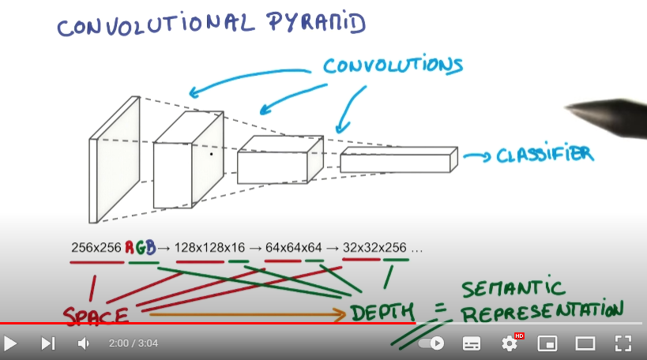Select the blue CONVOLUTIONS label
(x=393, y=65)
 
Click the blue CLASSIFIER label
(x=544, y=155)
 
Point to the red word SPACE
(x=96, y=317)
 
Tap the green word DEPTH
(x=382, y=313)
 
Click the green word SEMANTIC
(x=513, y=287)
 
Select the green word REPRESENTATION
(x=542, y=311)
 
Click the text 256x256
(x=96, y=248)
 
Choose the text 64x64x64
(x=295, y=248)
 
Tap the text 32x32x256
(x=375, y=248)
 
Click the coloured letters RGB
(x=141, y=248)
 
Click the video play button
(x=11, y=343)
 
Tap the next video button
(x=48, y=343)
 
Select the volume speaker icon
(x=84, y=343)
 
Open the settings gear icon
(x=510, y=343)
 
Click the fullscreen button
(x=623, y=343)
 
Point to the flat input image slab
(x=115, y=159)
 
